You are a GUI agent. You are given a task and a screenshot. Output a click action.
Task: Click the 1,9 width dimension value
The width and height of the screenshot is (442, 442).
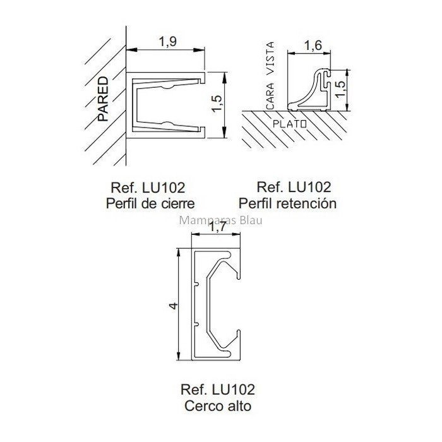(x=168, y=42)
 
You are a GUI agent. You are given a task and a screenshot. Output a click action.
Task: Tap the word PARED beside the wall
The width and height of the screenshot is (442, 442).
(x=103, y=99)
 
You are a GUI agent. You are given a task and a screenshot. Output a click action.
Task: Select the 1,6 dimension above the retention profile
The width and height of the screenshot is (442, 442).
(x=313, y=45)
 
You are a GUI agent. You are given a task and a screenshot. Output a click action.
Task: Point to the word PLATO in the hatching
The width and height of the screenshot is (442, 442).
(x=290, y=124)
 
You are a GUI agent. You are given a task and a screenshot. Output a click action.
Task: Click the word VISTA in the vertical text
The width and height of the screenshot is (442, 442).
(x=270, y=58)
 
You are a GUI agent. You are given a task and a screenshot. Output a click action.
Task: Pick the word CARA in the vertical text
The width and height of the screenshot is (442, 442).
(x=270, y=96)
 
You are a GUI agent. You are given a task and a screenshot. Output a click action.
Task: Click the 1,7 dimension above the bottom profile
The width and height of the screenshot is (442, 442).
(x=218, y=227)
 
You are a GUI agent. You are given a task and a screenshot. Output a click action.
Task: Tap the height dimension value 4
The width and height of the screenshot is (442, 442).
(x=174, y=306)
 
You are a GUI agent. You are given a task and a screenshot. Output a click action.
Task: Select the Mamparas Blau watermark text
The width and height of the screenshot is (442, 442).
(x=220, y=220)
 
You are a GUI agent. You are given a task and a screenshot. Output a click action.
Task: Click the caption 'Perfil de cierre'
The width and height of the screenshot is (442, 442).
(x=150, y=203)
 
